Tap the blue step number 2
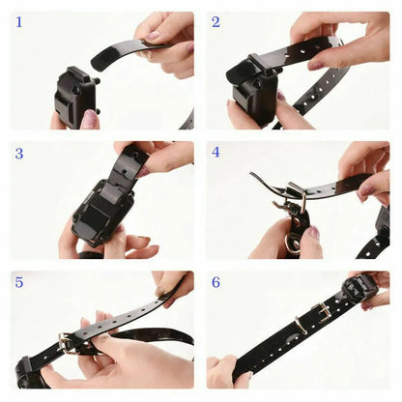[x=216, y=21]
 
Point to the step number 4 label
[x=216, y=153]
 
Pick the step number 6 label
[x=216, y=282]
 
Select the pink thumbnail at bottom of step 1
[x=90, y=119]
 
